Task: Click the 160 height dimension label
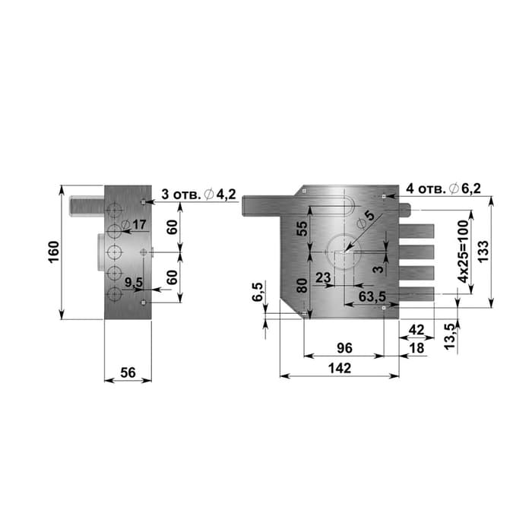click(x=54, y=252)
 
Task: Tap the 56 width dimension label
click(x=128, y=372)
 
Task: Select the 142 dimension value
click(x=340, y=368)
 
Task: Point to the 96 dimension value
click(x=344, y=348)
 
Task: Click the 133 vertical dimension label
click(x=483, y=251)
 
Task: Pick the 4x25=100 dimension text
click(x=462, y=252)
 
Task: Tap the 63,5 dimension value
click(x=372, y=297)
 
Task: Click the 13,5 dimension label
click(x=449, y=336)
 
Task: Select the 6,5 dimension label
click(x=258, y=291)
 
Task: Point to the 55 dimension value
click(x=302, y=228)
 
